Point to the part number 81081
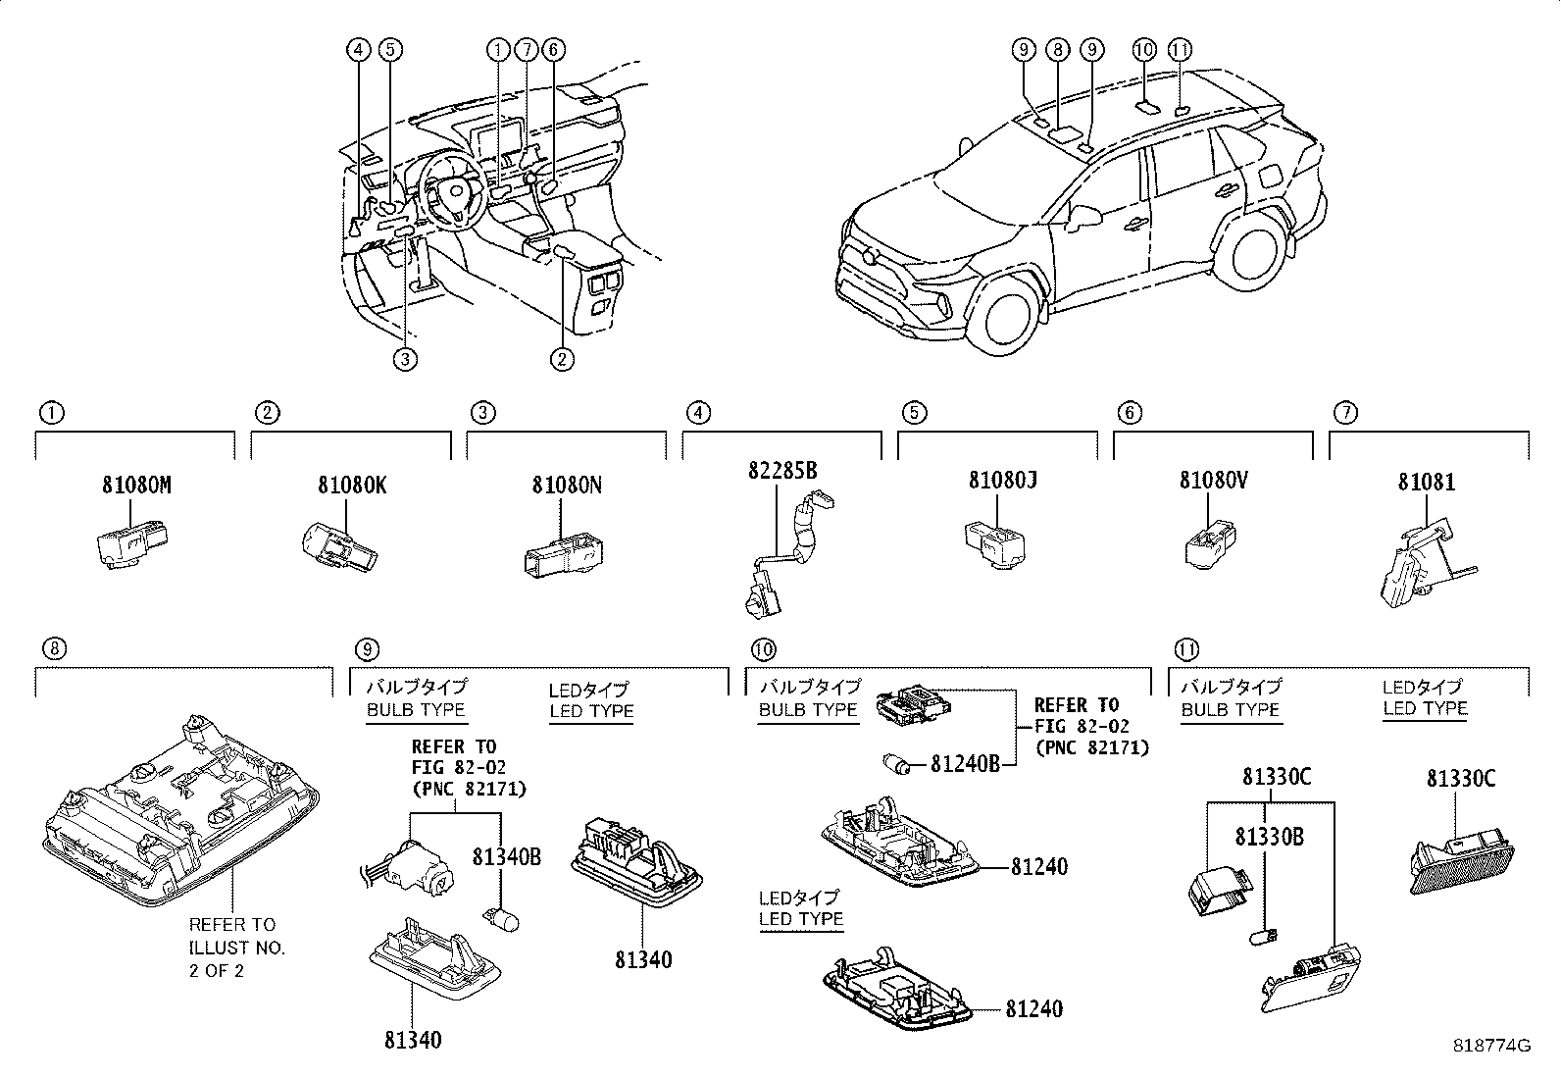(x=1427, y=483)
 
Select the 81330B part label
(x=1269, y=837)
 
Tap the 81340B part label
(x=506, y=856)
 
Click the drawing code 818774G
(x=1491, y=1046)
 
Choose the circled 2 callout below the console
(x=561, y=360)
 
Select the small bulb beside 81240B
(x=899, y=762)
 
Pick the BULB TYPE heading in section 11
(x=1230, y=709)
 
